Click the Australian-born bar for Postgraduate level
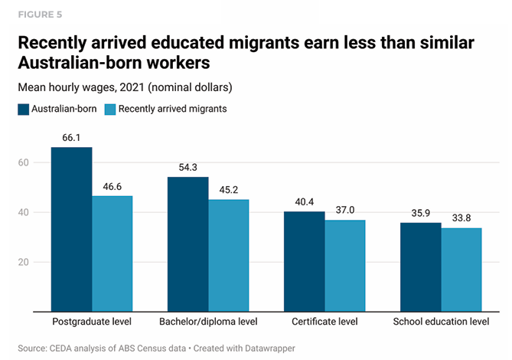pos(71,230)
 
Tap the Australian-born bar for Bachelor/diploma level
pos(188,244)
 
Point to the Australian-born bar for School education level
pos(421,267)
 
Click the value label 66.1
pos(71,138)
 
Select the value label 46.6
pos(112,187)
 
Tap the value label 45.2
pos(229,191)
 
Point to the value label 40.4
pos(305,203)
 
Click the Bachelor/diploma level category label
pos(208,322)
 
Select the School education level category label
pos(441,322)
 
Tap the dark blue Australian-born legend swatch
pos(23,109)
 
